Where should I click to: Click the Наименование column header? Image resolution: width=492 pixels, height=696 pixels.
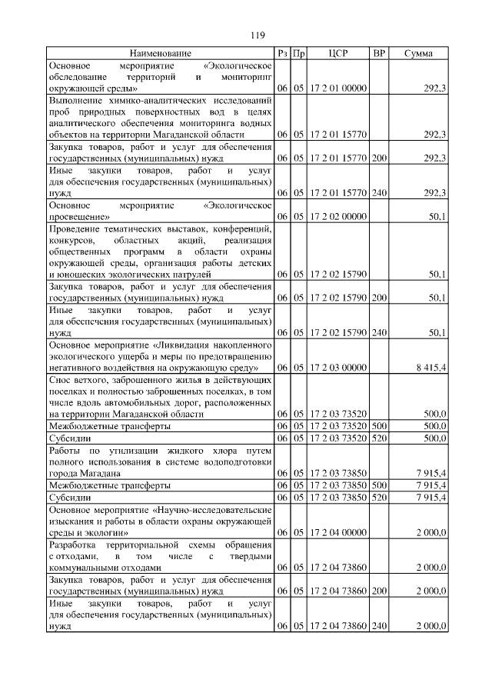click(161, 54)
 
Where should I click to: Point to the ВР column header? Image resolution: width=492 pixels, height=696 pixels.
click(378, 54)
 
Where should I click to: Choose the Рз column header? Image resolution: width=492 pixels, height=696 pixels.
click(282, 54)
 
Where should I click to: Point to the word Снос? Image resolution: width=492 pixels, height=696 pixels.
click(61, 381)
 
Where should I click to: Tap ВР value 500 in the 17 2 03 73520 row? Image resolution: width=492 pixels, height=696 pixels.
click(378, 425)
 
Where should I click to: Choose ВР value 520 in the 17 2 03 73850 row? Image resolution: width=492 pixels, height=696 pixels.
click(378, 498)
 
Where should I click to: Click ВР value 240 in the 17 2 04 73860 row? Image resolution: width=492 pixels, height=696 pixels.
click(378, 627)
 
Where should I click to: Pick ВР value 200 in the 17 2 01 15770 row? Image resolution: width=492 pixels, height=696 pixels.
click(378, 158)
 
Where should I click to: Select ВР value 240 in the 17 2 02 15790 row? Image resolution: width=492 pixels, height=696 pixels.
click(378, 332)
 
